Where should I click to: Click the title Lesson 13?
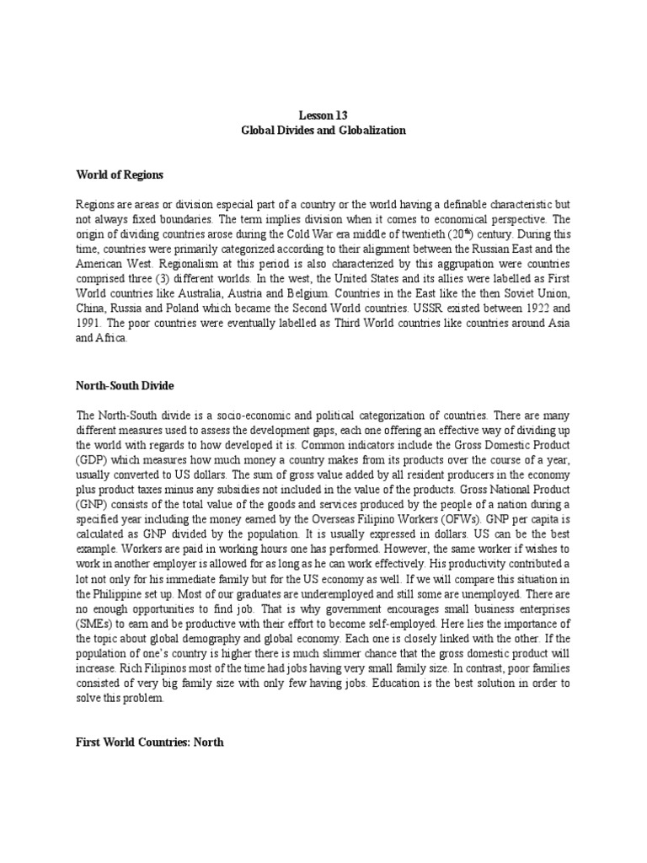(x=323, y=115)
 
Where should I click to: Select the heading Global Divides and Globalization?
(x=323, y=131)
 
